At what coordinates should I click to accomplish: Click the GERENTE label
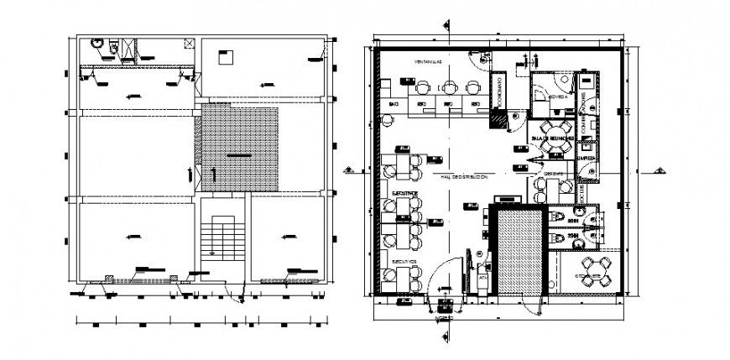(552, 175)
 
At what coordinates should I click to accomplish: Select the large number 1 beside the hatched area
(212, 175)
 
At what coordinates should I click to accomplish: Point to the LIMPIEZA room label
(587, 157)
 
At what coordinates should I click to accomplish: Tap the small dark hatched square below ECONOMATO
(499, 123)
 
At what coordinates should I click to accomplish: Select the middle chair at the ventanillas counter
(451, 86)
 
